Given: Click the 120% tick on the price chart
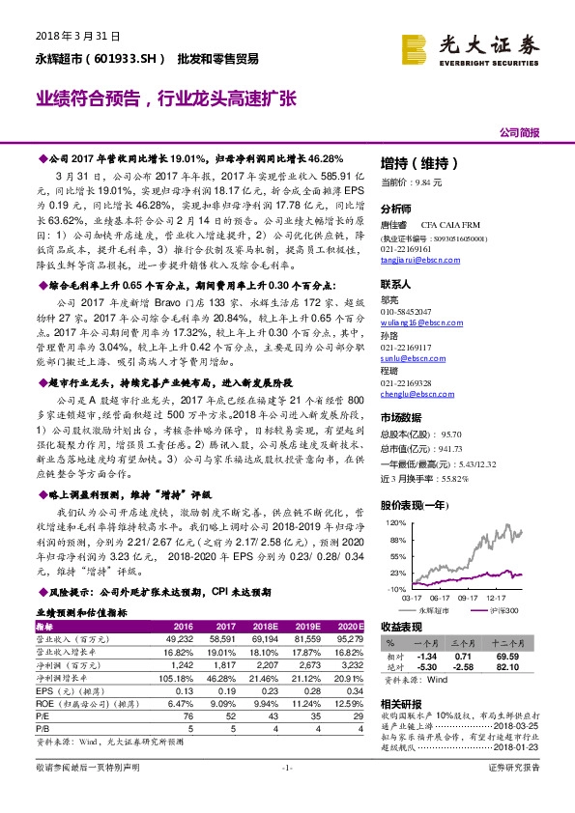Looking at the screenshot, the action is point(393,522).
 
